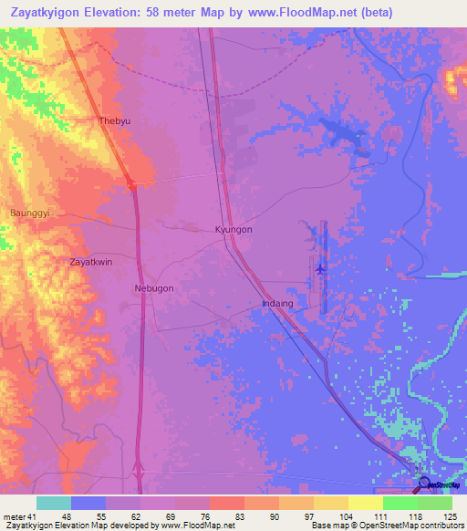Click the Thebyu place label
click(116, 120)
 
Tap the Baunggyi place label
click(26, 213)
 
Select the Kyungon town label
click(233, 230)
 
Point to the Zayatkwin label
click(91, 262)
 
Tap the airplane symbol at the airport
click(320, 268)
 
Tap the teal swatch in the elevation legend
click(54, 503)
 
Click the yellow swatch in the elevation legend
click(365, 503)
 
